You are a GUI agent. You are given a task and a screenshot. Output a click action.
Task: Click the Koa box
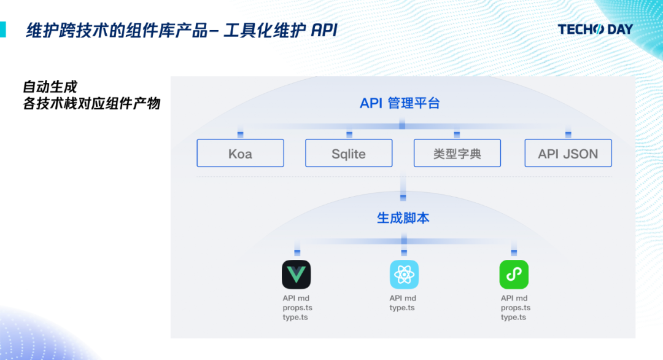(x=240, y=154)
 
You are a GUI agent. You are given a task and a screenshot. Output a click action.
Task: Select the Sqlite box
(x=349, y=154)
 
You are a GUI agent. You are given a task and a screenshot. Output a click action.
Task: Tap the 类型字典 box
(x=457, y=154)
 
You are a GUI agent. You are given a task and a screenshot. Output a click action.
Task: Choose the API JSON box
(x=568, y=154)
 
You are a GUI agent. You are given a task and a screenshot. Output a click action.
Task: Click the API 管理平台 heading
(x=400, y=103)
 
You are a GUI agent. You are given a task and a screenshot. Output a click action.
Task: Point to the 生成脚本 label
(x=403, y=218)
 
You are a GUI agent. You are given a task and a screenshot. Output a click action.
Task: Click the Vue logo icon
(x=296, y=274)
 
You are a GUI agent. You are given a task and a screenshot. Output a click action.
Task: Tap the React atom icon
(x=404, y=274)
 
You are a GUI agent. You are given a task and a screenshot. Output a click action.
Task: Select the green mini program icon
(x=513, y=274)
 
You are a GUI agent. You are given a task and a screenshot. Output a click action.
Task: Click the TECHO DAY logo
(x=595, y=29)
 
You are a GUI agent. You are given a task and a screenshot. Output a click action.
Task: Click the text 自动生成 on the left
(x=50, y=87)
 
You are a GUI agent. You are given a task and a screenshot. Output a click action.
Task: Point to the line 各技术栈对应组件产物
(x=91, y=104)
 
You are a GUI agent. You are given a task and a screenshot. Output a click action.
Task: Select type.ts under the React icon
(x=402, y=308)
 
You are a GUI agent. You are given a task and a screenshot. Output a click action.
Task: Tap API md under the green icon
(x=514, y=299)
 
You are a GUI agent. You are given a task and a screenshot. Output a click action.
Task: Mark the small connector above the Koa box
(x=240, y=134)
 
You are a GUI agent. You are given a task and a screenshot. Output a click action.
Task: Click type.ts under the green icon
(x=513, y=317)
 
